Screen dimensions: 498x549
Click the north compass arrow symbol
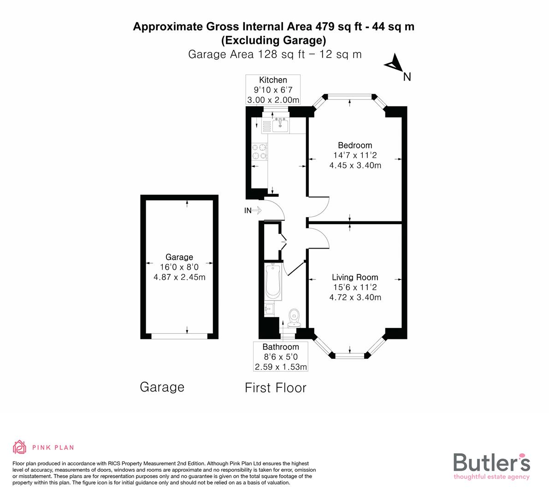(393, 63)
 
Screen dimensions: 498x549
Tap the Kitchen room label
(273, 80)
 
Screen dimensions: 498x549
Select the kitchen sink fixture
(280, 125)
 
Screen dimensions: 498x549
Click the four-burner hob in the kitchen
(259, 152)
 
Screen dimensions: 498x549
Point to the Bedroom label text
(354, 145)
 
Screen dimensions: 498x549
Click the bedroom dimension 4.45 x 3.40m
(355, 166)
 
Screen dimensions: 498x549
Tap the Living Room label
(355, 277)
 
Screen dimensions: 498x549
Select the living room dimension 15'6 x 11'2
(355, 287)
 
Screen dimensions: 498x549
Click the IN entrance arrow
(253, 211)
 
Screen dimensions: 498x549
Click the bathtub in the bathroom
(272, 281)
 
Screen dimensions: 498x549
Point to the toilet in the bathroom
(294, 318)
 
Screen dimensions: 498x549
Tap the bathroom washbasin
(269, 309)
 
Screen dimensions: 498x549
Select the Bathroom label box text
(281, 347)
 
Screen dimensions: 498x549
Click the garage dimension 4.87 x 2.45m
(179, 277)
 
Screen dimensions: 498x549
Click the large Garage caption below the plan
(162, 387)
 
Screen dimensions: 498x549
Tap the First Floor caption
(275, 388)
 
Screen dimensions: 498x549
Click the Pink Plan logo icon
(20, 447)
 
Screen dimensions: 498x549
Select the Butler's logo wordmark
(491, 462)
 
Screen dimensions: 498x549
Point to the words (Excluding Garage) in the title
(274, 41)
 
